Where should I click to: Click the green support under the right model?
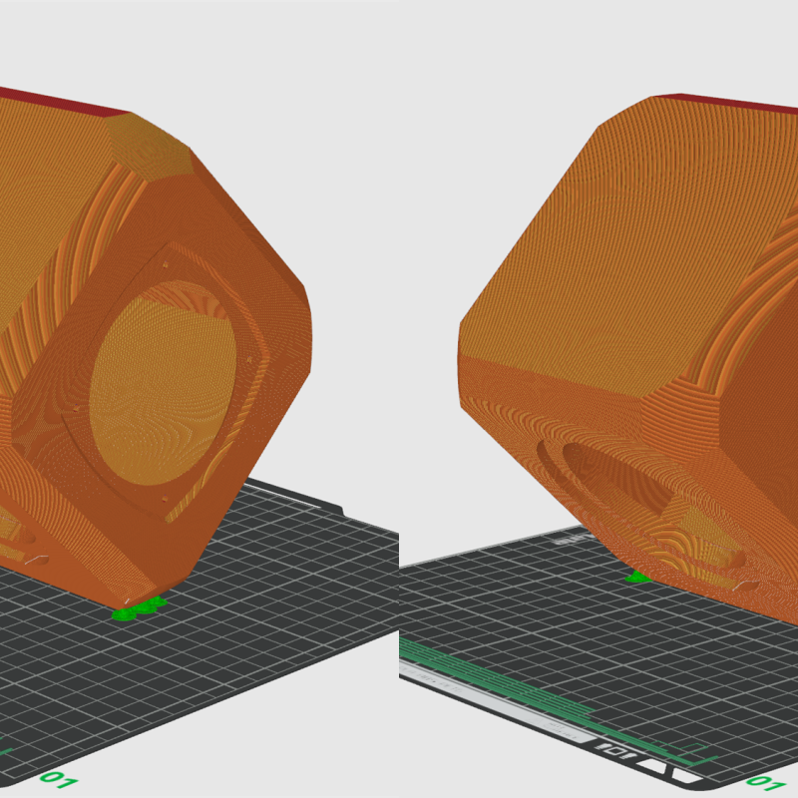[637, 577]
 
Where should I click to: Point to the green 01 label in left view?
[57, 778]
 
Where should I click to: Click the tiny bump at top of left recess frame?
[164, 265]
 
